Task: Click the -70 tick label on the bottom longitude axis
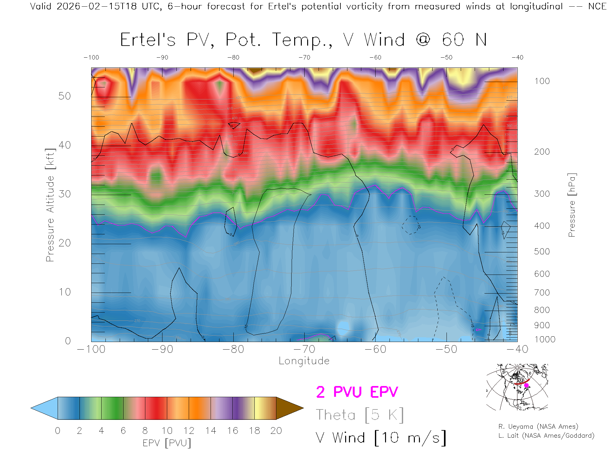tap(304, 349)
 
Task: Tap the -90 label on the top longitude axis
tap(162, 57)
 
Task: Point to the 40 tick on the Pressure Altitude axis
tap(65, 145)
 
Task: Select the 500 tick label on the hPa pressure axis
tap(542, 251)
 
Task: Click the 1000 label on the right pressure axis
tap(545, 339)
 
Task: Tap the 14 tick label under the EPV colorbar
tap(211, 431)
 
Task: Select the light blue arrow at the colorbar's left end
tap(45, 408)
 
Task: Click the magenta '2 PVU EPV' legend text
tap(357, 392)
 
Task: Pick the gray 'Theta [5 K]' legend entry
tap(360, 415)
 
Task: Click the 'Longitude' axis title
tap(304, 361)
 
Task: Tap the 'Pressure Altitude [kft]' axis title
tap(50, 205)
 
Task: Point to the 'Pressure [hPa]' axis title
tap(572, 205)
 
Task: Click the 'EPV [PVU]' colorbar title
tap(167, 443)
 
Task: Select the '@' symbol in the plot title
tap(423, 40)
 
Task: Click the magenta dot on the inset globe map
tap(527, 385)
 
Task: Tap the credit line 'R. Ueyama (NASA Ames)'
tap(538, 427)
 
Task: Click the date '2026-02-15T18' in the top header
tap(97, 6)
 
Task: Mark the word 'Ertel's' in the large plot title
tap(148, 40)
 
